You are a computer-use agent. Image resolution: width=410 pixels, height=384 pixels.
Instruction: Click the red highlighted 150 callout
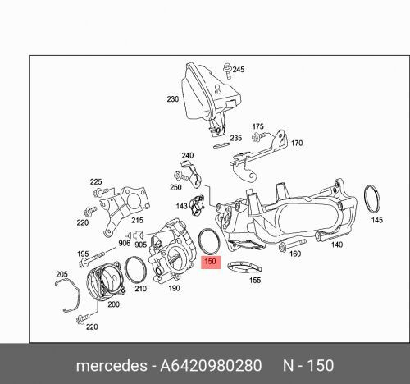pos(210,262)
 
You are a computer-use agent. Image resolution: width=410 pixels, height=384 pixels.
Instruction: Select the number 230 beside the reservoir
pos(172,100)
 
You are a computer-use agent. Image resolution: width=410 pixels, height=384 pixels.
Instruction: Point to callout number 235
pos(236,139)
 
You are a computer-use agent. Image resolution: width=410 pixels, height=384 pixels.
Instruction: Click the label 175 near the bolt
pos(258,127)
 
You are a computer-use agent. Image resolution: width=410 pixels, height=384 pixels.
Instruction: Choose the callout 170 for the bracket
pos(296,143)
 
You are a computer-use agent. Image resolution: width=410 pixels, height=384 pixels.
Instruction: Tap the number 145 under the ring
pos(376,220)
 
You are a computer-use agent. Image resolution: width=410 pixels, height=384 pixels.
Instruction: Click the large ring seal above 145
pos(376,199)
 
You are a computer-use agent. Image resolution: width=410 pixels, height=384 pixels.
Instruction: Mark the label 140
pos(335,245)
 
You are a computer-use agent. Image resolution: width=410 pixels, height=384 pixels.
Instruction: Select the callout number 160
pos(295,254)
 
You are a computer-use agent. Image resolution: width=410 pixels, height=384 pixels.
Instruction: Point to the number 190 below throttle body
pos(174,288)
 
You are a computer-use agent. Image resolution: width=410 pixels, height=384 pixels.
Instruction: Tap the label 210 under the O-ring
pos(140,288)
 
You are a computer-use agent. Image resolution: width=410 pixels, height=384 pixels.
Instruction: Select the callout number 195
pos(82,255)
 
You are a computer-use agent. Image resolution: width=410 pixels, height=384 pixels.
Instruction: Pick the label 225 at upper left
pos(96,181)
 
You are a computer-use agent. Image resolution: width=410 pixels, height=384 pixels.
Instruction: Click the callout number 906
pos(124,242)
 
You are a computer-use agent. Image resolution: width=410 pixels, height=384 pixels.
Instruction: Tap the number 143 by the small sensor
pos(182,207)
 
